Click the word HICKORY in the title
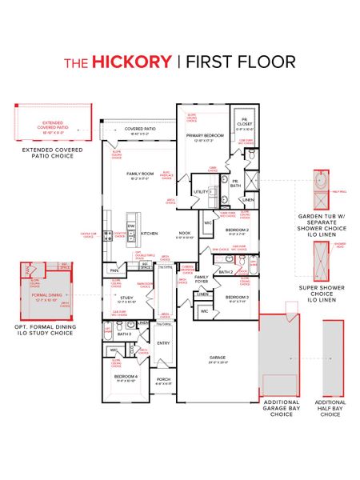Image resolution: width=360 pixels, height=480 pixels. tap(130, 62)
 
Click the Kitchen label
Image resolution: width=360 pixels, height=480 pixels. tap(150, 233)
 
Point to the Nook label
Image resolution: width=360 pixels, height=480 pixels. tap(185, 234)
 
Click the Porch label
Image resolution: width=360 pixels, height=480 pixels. tap(162, 380)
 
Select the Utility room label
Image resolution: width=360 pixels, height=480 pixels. tap(200, 192)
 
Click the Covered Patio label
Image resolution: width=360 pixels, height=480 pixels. tap(139, 129)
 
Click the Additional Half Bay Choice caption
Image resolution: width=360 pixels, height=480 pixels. tap(330, 408)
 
